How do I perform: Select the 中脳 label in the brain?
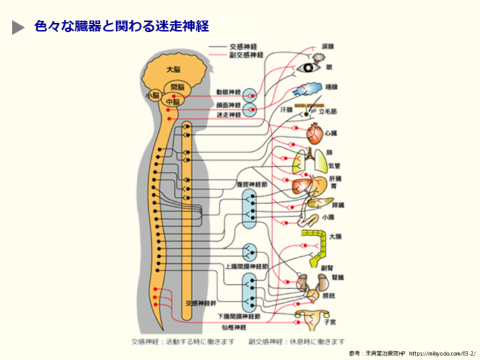(172, 100)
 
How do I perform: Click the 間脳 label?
(177, 86)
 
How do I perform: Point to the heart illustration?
(315, 132)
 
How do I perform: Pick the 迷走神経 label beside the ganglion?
(228, 114)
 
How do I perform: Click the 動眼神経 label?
(228, 92)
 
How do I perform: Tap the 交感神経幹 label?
(200, 302)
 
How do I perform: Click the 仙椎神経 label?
(234, 326)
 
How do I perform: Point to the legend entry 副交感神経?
(246, 55)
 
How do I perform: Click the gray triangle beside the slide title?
(19, 27)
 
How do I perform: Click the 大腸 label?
(336, 236)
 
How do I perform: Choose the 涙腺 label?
(327, 46)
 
